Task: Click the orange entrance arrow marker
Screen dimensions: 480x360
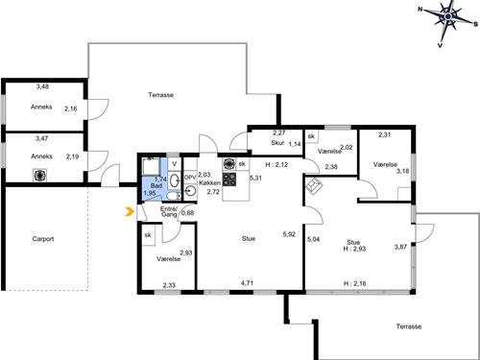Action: pyautogui.click(x=130, y=211)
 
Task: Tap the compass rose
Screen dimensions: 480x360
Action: pyautogui.click(x=448, y=16)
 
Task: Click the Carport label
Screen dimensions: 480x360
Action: pyautogui.click(x=43, y=239)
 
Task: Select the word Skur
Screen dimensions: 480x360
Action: pyautogui.click(x=277, y=143)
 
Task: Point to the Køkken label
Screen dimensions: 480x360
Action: pyautogui.click(x=209, y=182)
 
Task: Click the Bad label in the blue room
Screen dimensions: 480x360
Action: pyautogui.click(x=156, y=186)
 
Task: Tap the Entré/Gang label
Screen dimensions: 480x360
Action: pyautogui.click(x=169, y=211)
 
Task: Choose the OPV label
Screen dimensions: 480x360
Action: pyautogui.click(x=190, y=177)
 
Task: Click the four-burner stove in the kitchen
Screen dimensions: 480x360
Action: pyautogui.click(x=229, y=180)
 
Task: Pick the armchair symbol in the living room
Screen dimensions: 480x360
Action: pyautogui.click(x=314, y=186)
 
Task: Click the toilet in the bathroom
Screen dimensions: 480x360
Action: pyautogui.click(x=174, y=195)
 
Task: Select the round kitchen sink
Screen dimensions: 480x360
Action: pyautogui.click(x=190, y=191)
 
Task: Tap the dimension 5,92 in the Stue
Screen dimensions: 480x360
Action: pyautogui.click(x=289, y=234)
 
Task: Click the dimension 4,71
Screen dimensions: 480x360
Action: pyautogui.click(x=248, y=283)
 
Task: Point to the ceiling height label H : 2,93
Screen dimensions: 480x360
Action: pyautogui.click(x=354, y=249)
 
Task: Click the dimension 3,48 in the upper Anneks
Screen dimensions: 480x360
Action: pyautogui.click(x=42, y=86)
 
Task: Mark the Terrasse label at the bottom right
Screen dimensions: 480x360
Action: pyautogui.click(x=409, y=326)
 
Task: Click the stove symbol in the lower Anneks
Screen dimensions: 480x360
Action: pyautogui.click(x=40, y=176)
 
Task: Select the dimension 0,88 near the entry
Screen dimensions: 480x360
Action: pyautogui.click(x=188, y=213)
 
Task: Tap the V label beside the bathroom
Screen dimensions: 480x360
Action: pyautogui.click(x=175, y=164)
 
